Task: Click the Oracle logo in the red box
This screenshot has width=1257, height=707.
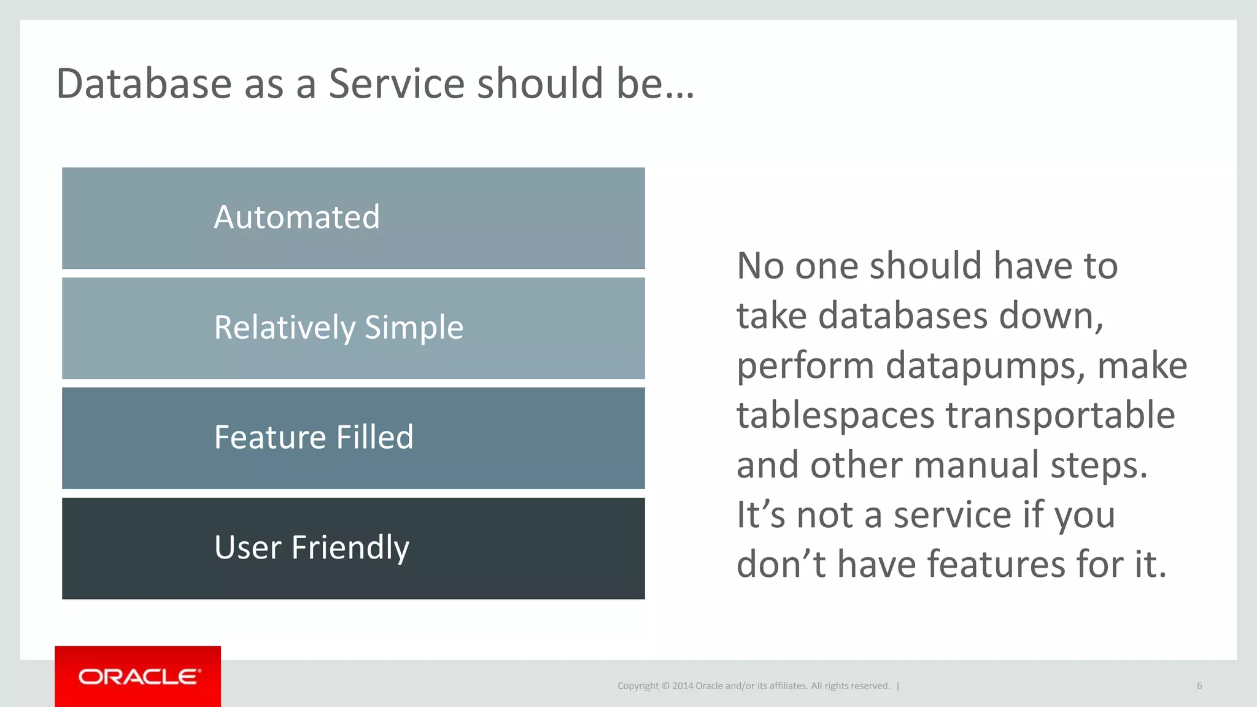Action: point(139,677)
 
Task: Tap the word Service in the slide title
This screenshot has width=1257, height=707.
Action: point(396,84)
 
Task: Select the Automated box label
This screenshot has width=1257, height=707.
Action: point(296,218)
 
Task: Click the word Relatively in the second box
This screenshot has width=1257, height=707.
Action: point(284,328)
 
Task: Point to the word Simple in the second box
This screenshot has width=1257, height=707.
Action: point(414,328)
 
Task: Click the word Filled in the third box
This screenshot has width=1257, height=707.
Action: point(374,438)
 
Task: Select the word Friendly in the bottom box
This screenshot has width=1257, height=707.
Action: point(350,547)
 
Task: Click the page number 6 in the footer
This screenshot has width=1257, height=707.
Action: point(1199,686)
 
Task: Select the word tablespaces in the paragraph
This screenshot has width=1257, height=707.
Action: point(835,416)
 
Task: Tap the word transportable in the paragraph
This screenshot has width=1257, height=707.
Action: point(1060,416)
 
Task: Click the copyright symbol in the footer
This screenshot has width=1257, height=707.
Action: point(665,686)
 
